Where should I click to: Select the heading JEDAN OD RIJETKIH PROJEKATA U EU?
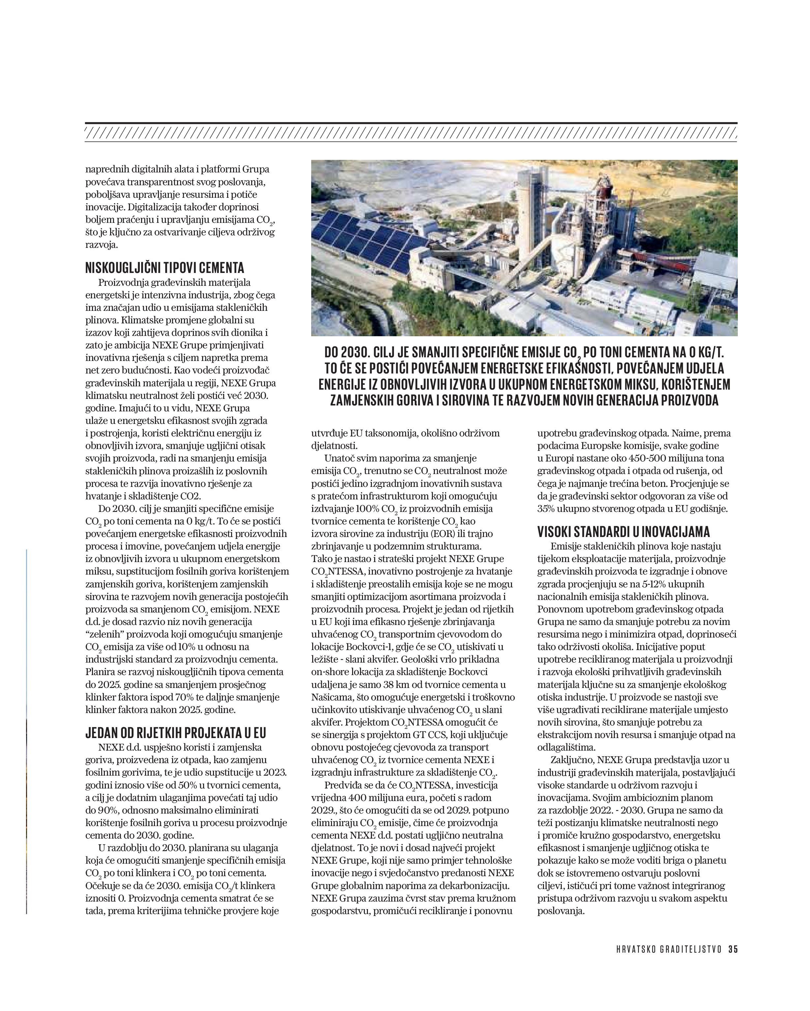(175, 732)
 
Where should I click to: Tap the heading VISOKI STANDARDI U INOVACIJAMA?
(623, 531)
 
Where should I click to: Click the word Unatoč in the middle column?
(338, 458)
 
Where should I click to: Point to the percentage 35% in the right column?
(547, 508)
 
